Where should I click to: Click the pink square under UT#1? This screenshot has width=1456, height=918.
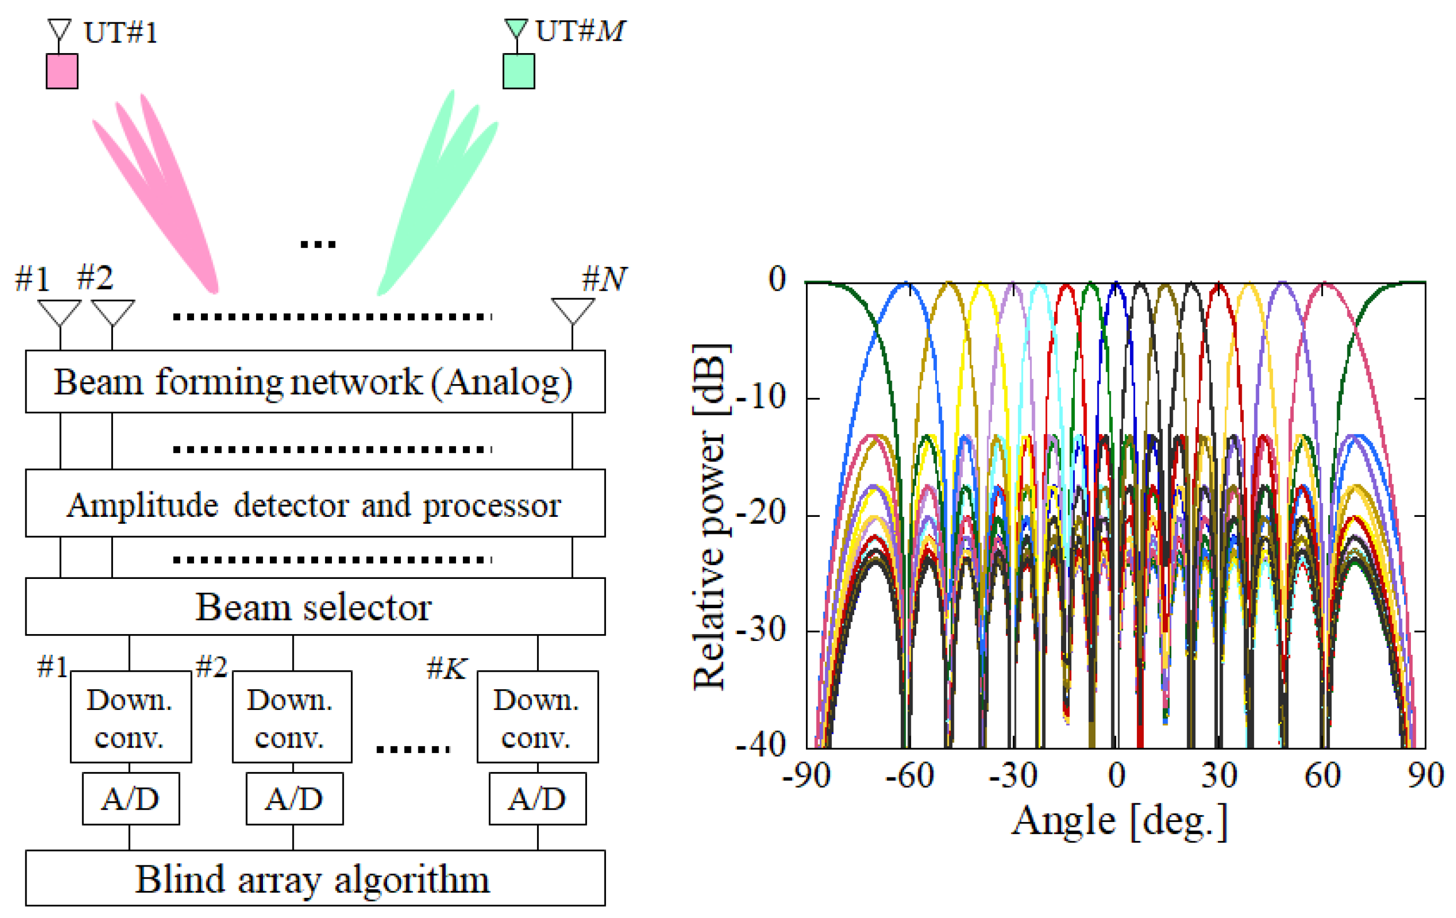click(x=62, y=72)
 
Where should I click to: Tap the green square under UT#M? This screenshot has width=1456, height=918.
click(x=518, y=72)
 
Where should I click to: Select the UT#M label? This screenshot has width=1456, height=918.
click(x=579, y=31)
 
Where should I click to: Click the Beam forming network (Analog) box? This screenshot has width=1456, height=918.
click(x=315, y=382)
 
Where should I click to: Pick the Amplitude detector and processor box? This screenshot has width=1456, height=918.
click(x=315, y=504)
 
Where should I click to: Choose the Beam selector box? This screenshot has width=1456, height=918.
click(x=315, y=607)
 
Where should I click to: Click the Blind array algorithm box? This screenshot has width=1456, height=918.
click(x=315, y=878)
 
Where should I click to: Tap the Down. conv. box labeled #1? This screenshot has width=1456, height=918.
click(x=130, y=716)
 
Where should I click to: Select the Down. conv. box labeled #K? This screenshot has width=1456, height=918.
click(x=537, y=716)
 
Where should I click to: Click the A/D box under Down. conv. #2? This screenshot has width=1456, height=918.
click(x=294, y=799)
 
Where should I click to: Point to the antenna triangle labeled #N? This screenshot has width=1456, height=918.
click(x=573, y=310)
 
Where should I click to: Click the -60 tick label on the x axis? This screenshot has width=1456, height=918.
click(x=909, y=776)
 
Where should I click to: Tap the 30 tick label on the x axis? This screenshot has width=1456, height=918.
click(x=1218, y=776)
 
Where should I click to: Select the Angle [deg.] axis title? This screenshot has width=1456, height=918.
click(x=1119, y=822)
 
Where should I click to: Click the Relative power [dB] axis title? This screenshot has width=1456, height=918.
click(x=710, y=517)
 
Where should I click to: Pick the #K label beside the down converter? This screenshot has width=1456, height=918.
click(x=446, y=668)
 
